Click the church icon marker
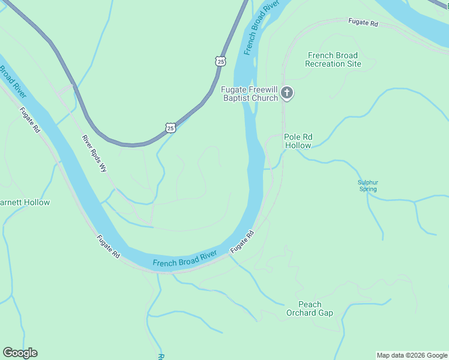(287, 92)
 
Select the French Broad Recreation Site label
(333, 59)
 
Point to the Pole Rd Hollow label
(298, 141)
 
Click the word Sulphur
(368, 182)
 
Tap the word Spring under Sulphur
(368, 189)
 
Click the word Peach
(310, 304)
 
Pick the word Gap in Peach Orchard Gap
(326, 313)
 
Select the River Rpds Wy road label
(94, 154)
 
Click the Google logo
(20, 353)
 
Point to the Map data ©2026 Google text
(412, 355)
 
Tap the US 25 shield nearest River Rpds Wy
(170, 128)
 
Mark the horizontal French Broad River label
(184, 259)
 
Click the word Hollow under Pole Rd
(298, 146)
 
